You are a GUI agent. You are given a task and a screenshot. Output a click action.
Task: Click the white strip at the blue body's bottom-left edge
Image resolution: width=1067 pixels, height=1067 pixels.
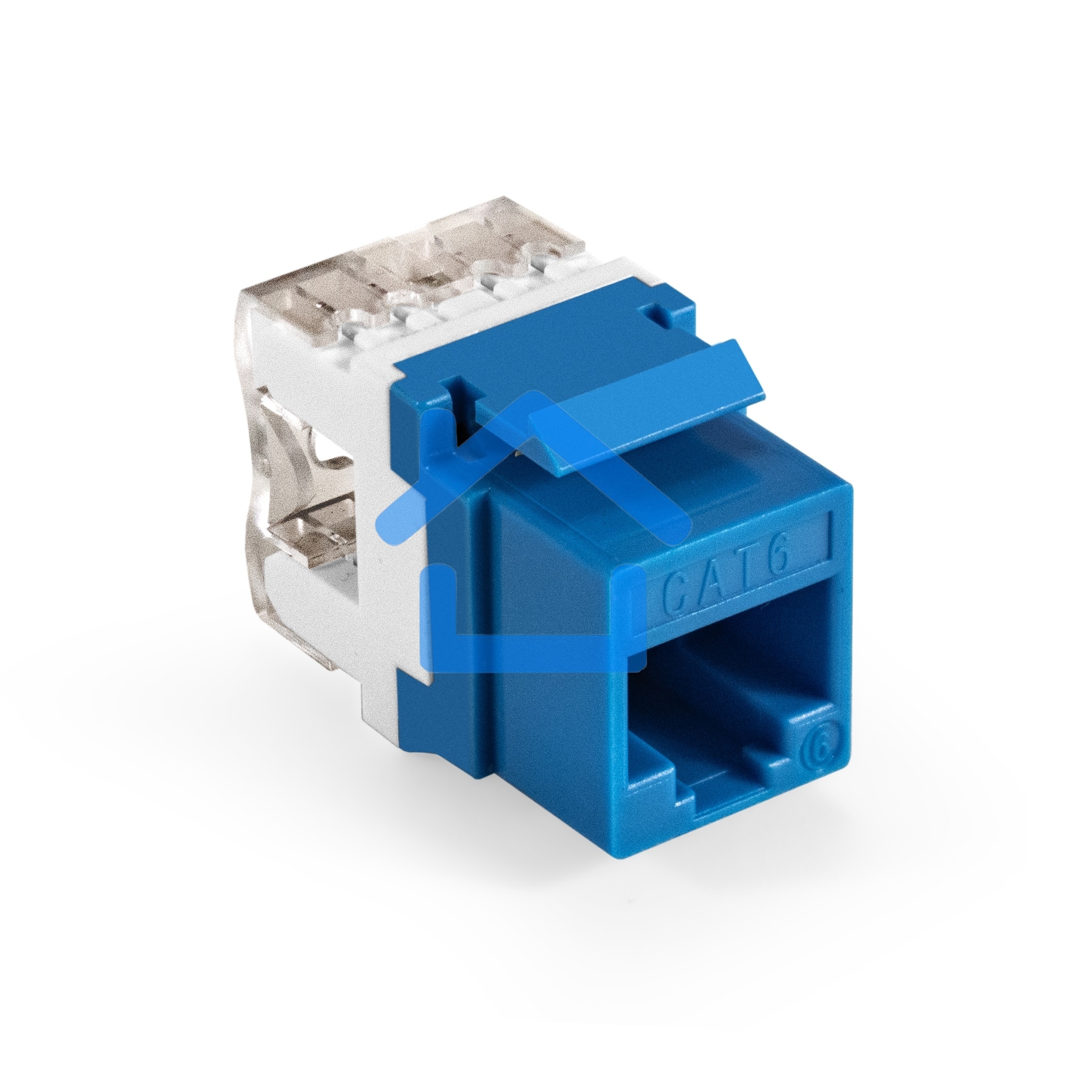pos(381,707)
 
